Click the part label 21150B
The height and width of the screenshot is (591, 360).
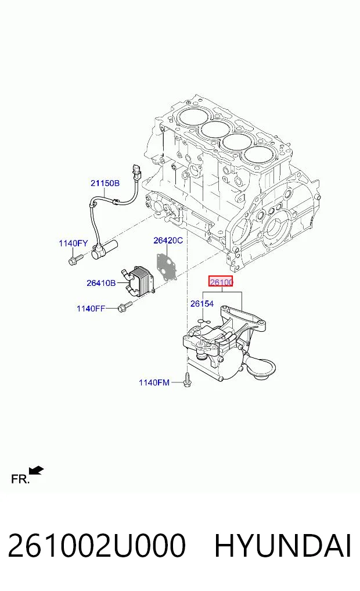pyautogui.click(x=105, y=183)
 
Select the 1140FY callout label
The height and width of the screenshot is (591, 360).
pyautogui.click(x=73, y=243)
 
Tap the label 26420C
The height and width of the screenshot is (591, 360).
pyautogui.click(x=168, y=240)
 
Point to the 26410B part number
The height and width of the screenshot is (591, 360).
pyautogui.click(x=101, y=282)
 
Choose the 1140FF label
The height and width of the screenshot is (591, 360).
pyautogui.click(x=91, y=309)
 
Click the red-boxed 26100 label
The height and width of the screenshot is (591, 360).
pyautogui.click(x=221, y=282)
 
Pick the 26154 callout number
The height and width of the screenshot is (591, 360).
pyautogui.click(x=202, y=303)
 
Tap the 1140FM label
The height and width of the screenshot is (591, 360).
pyautogui.click(x=154, y=382)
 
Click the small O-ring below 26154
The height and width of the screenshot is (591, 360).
pyautogui.click(x=204, y=321)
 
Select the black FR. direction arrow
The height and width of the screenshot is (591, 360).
pyautogui.click(x=37, y=470)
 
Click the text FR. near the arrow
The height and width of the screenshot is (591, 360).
pyautogui.click(x=20, y=479)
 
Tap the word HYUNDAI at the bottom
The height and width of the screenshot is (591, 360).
pyautogui.click(x=282, y=546)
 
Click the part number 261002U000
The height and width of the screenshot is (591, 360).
pyautogui.click(x=97, y=546)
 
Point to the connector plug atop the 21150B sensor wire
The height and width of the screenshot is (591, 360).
pyautogui.click(x=136, y=172)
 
